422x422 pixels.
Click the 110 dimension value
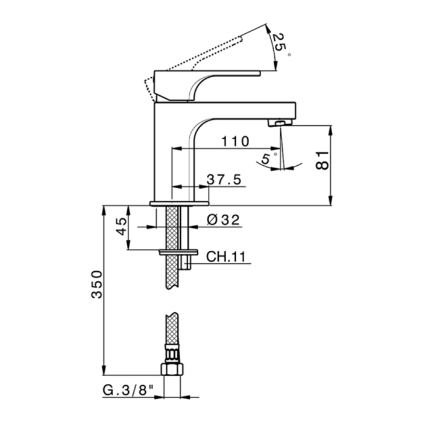click(x=235, y=142)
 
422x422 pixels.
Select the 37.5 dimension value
click(x=224, y=179)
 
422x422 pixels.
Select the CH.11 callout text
click(x=225, y=257)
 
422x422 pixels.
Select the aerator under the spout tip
click(x=278, y=122)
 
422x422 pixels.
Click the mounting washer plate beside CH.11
click(x=178, y=251)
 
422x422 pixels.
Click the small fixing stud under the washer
click(x=189, y=262)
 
